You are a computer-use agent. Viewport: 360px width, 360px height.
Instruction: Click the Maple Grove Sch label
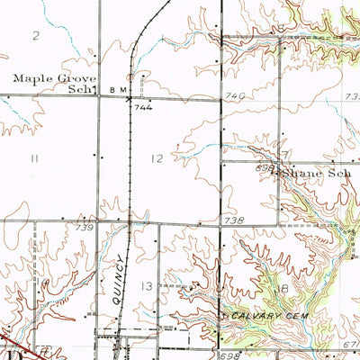coord(54,84)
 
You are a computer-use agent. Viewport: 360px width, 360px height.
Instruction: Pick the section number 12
coord(158,158)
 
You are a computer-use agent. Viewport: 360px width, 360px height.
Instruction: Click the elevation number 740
coord(236,94)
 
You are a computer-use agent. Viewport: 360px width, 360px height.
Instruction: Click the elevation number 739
coord(85,229)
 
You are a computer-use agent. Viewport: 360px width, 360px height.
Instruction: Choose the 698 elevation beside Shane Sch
coord(263,168)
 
